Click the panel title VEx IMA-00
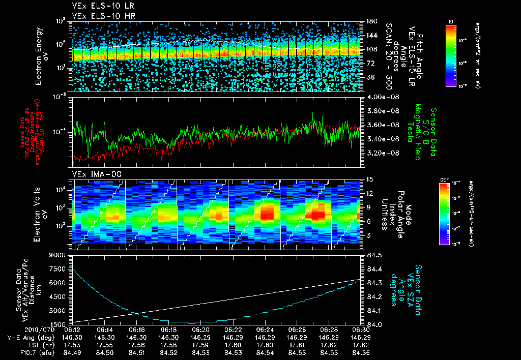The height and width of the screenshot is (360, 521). (90, 174)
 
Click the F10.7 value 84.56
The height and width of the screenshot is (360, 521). (360, 352)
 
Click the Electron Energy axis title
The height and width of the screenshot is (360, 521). (42, 56)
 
